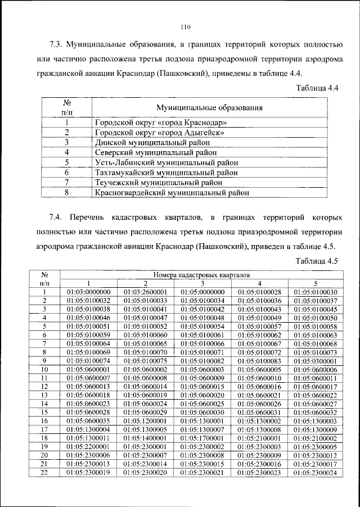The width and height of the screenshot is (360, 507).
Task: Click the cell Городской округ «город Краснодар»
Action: [161, 122]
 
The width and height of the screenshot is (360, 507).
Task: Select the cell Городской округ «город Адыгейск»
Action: [160, 132]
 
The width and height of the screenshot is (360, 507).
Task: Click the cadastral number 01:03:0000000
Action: [88, 292]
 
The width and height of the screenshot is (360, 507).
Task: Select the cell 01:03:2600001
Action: [145, 292]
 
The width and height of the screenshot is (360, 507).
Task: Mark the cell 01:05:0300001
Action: [316, 360]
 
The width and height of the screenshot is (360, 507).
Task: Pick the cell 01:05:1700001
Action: [202, 437]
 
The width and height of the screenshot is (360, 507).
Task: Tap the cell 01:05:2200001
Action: [88, 446]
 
